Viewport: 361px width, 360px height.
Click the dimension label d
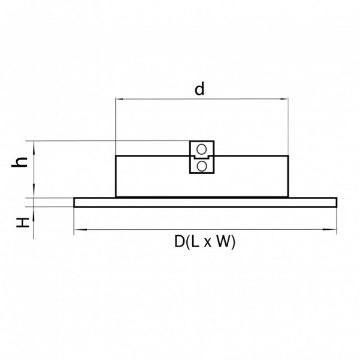click(x=199, y=89)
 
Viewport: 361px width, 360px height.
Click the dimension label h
click(x=20, y=162)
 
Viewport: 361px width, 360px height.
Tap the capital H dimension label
click(x=23, y=222)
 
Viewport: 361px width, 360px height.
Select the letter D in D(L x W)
click(x=179, y=242)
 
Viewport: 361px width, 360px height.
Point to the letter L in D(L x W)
click(x=195, y=242)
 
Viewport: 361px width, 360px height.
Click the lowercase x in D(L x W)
click(x=207, y=243)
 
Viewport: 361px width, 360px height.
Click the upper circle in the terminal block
click(x=201, y=149)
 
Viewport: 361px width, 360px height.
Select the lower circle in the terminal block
click(x=202, y=166)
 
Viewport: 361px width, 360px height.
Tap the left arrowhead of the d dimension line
click(x=120, y=99)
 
